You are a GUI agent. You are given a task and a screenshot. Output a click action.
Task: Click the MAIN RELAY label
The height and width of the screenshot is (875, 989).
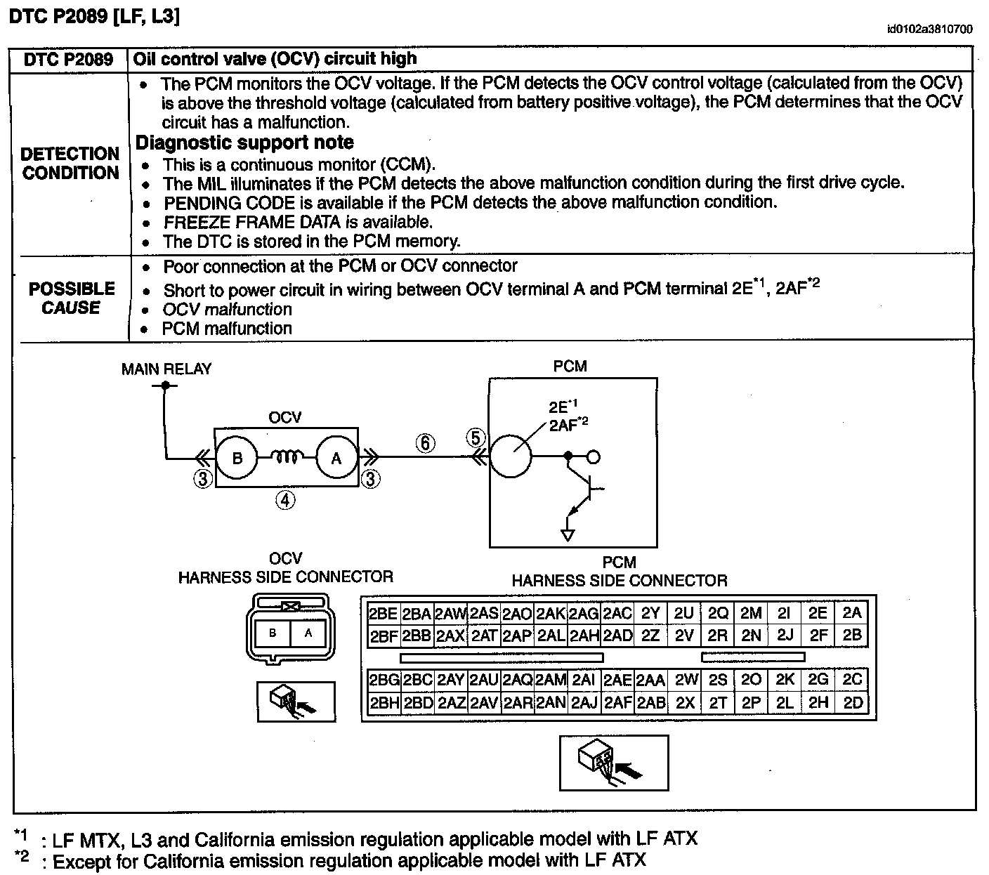point(166,369)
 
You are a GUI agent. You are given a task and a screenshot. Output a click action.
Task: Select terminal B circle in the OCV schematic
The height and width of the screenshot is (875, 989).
point(237,459)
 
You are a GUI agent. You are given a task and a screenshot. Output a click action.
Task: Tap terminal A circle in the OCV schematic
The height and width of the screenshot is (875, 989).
point(336,459)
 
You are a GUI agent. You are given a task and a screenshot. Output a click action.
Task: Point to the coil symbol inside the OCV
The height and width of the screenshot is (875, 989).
point(287,458)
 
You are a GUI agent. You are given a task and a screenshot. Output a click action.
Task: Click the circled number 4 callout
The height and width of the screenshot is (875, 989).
point(285,500)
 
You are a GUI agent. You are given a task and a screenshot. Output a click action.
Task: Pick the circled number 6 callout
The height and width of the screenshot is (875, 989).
point(425,443)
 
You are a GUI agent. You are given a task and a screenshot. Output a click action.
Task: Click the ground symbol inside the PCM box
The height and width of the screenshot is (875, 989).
point(568,534)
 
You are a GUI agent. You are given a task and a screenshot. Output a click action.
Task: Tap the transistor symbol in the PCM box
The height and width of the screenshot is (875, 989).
point(587,492)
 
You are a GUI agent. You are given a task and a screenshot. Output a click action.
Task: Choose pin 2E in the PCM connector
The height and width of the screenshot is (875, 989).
point(818,612)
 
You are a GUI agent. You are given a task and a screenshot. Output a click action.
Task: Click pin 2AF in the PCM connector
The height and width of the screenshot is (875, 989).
point(618,702)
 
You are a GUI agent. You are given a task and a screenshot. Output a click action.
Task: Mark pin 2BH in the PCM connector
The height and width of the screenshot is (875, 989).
point(384,702)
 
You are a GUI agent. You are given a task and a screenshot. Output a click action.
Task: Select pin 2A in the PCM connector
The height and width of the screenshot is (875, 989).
point(852,612)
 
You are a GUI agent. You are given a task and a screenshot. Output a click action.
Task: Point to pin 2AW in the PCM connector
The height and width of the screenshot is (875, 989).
point(451,613)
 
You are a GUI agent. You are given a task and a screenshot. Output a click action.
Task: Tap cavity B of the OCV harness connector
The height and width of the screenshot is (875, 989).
point(273,633)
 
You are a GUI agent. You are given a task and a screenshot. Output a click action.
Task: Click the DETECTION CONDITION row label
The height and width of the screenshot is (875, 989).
point(70,164)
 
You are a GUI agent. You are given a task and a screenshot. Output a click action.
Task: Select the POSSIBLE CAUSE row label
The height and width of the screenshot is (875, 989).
point(72,298)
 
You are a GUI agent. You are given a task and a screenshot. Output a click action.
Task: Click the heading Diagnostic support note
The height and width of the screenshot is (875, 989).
point(244,143)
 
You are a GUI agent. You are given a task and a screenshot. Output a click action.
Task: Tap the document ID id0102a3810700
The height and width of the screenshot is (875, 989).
point(929,29)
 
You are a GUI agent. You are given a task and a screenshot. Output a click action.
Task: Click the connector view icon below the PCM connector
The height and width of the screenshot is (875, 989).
point(613,762)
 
